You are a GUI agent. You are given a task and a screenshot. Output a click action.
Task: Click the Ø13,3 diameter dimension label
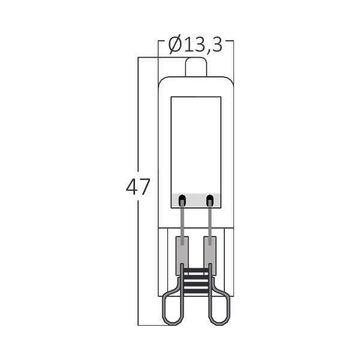(x=195, y=44)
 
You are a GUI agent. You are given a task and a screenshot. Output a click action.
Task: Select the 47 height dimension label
(x=138, y=188)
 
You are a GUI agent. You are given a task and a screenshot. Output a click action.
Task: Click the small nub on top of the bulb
(x=195, y=67)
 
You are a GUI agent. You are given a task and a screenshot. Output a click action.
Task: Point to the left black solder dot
(x=182, y=199)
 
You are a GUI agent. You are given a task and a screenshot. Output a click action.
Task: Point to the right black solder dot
(x=209, y=199)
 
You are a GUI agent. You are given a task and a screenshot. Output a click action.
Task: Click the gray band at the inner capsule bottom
(x=196, y=200)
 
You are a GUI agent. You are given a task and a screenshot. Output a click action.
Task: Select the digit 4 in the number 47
(x=131, y=188)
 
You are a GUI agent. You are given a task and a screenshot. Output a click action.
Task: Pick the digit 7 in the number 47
(x=145, y=188)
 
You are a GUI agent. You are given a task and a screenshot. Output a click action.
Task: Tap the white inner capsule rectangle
(x=196, y=144)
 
